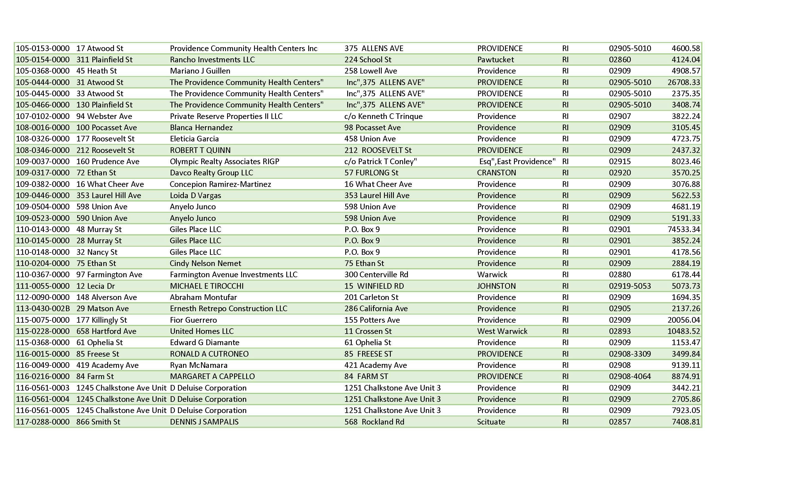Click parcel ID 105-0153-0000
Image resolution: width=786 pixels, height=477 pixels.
pos(43,49)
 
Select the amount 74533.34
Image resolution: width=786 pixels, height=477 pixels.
pos(684,229)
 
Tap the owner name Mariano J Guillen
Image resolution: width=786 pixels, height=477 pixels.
pos(200,71)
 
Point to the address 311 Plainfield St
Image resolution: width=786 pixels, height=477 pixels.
pos(104,59)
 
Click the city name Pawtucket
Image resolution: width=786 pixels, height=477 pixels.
pos(495,59)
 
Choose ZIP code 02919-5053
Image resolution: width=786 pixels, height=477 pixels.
pos(630,286)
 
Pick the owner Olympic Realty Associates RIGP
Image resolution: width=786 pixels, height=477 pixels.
pos(224,161)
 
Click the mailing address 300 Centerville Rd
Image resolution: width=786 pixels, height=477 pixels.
pos(376,274)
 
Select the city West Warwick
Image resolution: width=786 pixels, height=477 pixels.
pos(502,331)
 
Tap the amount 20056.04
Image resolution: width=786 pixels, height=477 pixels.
pos(684,320)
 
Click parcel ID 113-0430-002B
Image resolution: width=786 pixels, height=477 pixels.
pos(43,309)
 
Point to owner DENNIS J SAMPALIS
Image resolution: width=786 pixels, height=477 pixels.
pos(204,422)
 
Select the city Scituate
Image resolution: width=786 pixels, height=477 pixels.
pos(491,422)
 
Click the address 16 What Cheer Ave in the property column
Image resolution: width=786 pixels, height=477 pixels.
pos(110,184)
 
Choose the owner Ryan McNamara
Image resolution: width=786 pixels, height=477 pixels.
pos(198,365)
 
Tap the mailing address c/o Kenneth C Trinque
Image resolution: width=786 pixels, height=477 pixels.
pos(383,116)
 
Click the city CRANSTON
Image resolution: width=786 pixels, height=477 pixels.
pos(496,173)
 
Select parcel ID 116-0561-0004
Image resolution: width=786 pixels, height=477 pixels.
pos(43,399)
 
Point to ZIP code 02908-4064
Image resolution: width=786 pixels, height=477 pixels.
pos(630,377)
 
